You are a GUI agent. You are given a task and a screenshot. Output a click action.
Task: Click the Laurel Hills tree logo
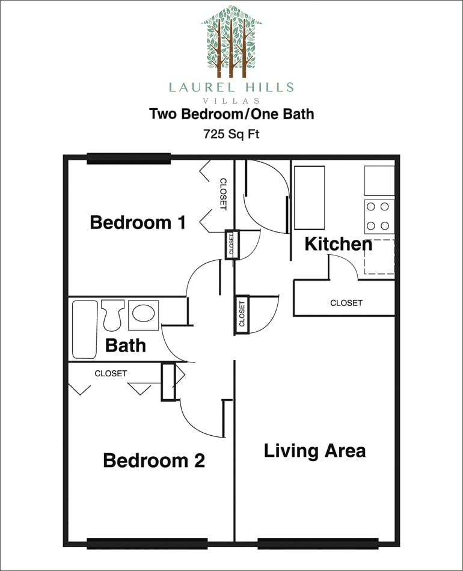[231, 41]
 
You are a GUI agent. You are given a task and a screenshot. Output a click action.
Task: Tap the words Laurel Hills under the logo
[231, 87]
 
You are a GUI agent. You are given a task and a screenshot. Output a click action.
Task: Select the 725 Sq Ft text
[231, 135]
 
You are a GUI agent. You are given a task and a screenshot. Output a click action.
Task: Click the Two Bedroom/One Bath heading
[231, 114]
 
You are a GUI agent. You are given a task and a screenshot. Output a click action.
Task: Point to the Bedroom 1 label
[138, 223]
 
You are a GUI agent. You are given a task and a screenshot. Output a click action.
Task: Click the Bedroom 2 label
[154, 461]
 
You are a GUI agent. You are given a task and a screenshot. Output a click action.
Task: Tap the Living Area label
[314, 451]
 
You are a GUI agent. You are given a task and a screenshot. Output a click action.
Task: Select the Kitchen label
[338, 245]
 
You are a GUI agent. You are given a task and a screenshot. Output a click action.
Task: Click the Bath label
[126, 346]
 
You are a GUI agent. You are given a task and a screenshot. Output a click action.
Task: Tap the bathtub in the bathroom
[85, 329]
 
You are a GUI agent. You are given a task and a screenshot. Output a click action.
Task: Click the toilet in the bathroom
[112, 314]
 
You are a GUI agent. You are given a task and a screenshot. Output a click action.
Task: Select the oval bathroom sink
[143, 313]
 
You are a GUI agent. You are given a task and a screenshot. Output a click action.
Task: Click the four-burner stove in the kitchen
[379, 216]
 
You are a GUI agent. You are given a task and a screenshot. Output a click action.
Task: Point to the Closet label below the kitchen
[346, 303]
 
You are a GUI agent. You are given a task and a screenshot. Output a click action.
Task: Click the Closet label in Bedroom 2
[111, 373]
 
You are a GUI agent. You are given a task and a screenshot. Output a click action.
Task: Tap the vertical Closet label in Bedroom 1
[222, 194]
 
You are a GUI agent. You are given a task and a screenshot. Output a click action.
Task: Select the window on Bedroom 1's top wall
[129, 159]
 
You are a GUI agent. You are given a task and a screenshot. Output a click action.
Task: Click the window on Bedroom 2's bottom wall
[147, 543]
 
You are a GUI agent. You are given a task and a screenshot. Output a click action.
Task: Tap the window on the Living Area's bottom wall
[317, 543]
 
